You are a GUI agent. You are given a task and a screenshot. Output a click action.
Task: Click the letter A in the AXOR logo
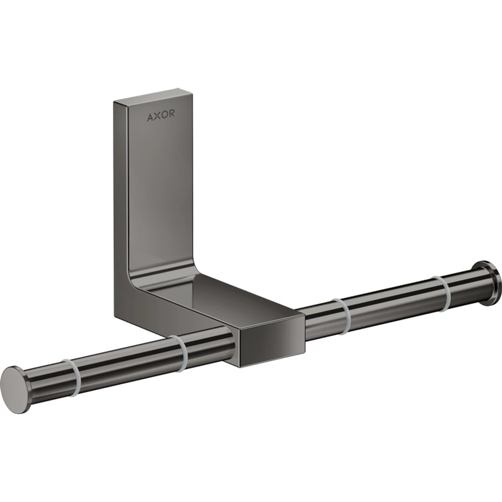point(150,117)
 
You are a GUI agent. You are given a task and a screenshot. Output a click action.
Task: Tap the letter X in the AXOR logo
point(157,116)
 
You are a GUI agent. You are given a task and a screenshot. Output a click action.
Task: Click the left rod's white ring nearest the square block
point(180,354)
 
